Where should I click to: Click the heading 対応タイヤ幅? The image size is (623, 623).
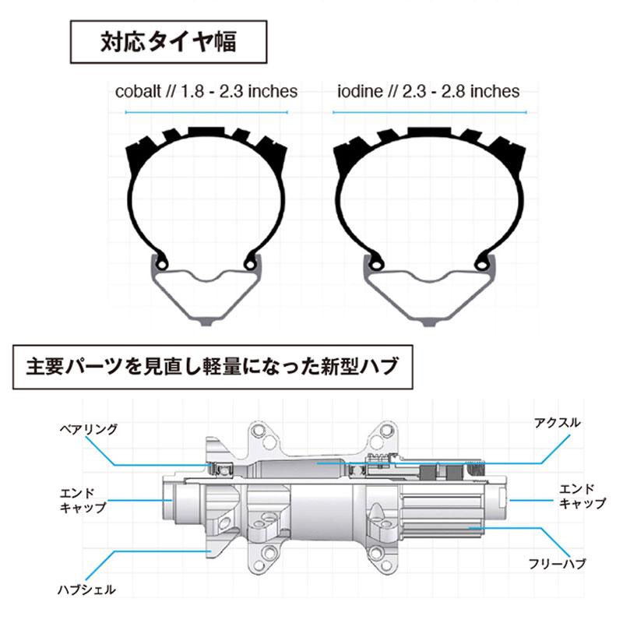pyautogui.click(x=168, y=41)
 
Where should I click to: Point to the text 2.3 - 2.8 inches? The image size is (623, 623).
pyautogui.click(x=461, y=91)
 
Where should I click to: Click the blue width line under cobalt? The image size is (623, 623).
pyautogui.click(x=206, y=112)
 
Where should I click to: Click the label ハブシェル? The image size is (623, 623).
pyautogui.click(x=88, y=590)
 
